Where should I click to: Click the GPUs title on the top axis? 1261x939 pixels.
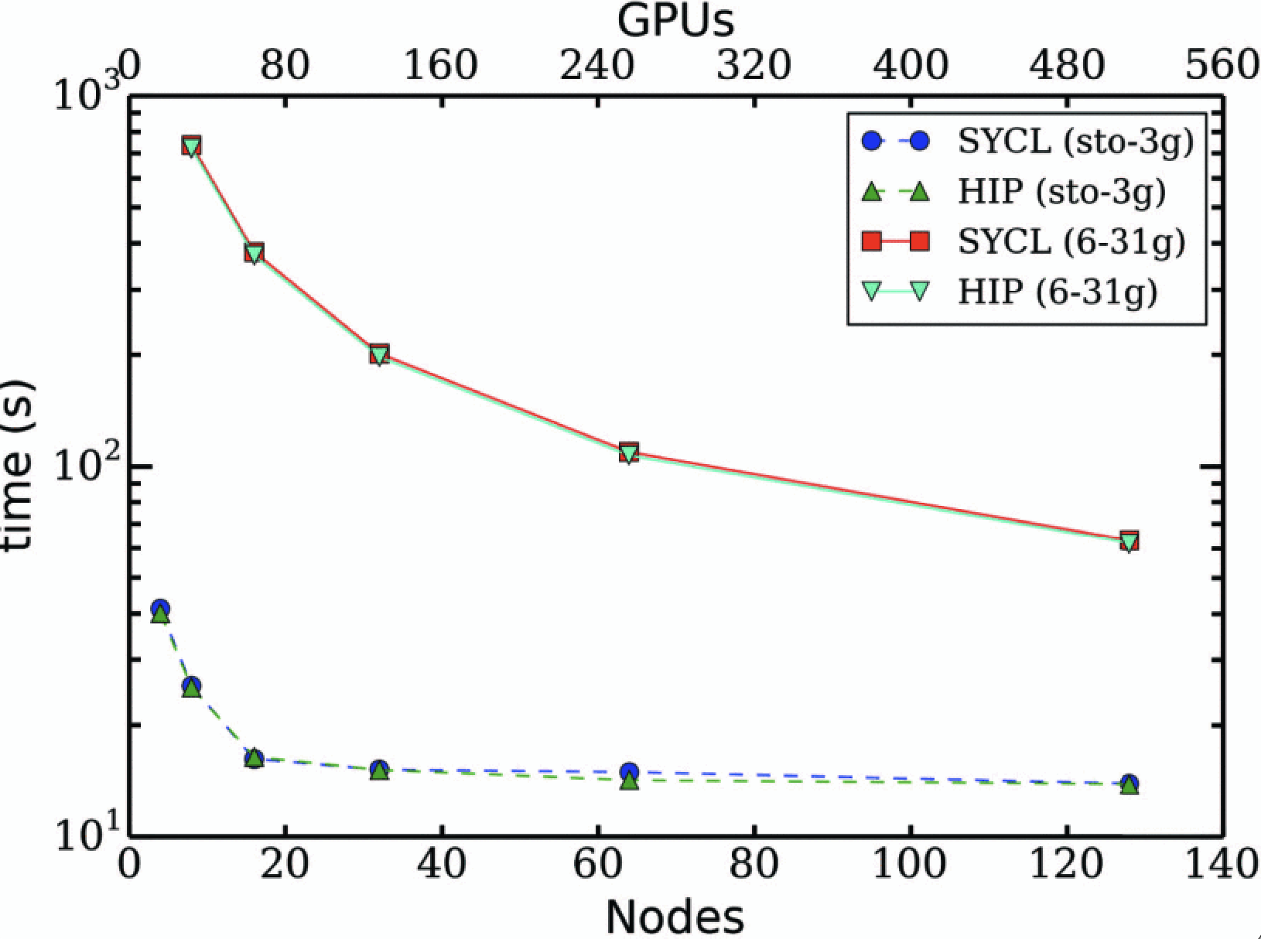pyautogui.click(x=675, y=21)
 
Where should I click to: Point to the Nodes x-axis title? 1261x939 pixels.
pyautogui.click(x=675, y=917)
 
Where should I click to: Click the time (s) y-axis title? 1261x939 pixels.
pyautogui.click(x=17, y=464)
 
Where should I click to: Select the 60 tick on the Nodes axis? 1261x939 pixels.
pyautogui.click(x=598, y=864)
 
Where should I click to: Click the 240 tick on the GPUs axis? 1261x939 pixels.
pyautogui.click(x=598, y=67)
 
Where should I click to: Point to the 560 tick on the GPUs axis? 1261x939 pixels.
pyautogui.click(x=1222, y=67)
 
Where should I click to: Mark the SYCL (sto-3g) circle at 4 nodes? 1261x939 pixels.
pyautogui.click(x=160, y=609)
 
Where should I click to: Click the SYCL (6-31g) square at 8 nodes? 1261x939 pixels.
pyautogui.click(x=192, y=145)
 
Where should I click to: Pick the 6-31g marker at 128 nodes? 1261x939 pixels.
pyautogui.click(x=1129, y=541)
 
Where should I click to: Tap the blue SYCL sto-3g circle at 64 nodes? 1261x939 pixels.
pyautogui.click(x=629, y=771)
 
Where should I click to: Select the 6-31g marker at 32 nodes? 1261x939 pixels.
pyautogui.click(x=378, y=354)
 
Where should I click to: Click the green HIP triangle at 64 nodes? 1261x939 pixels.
pyautogui.click(x=630, y=781)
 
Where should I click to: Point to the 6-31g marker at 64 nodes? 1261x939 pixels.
pyautogui.click(x=629, y=452)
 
